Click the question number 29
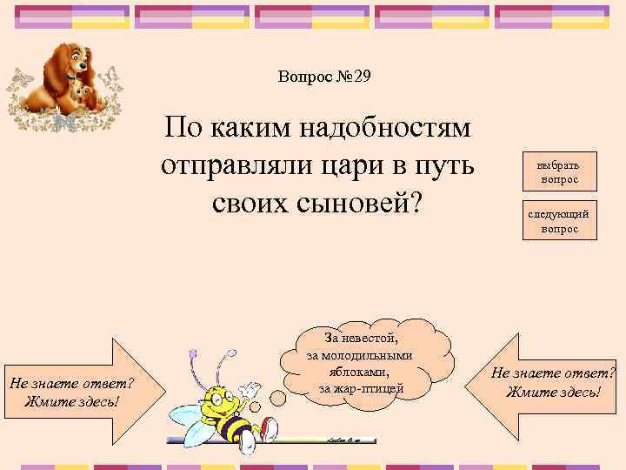point(357,77)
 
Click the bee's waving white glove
point(251,389)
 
